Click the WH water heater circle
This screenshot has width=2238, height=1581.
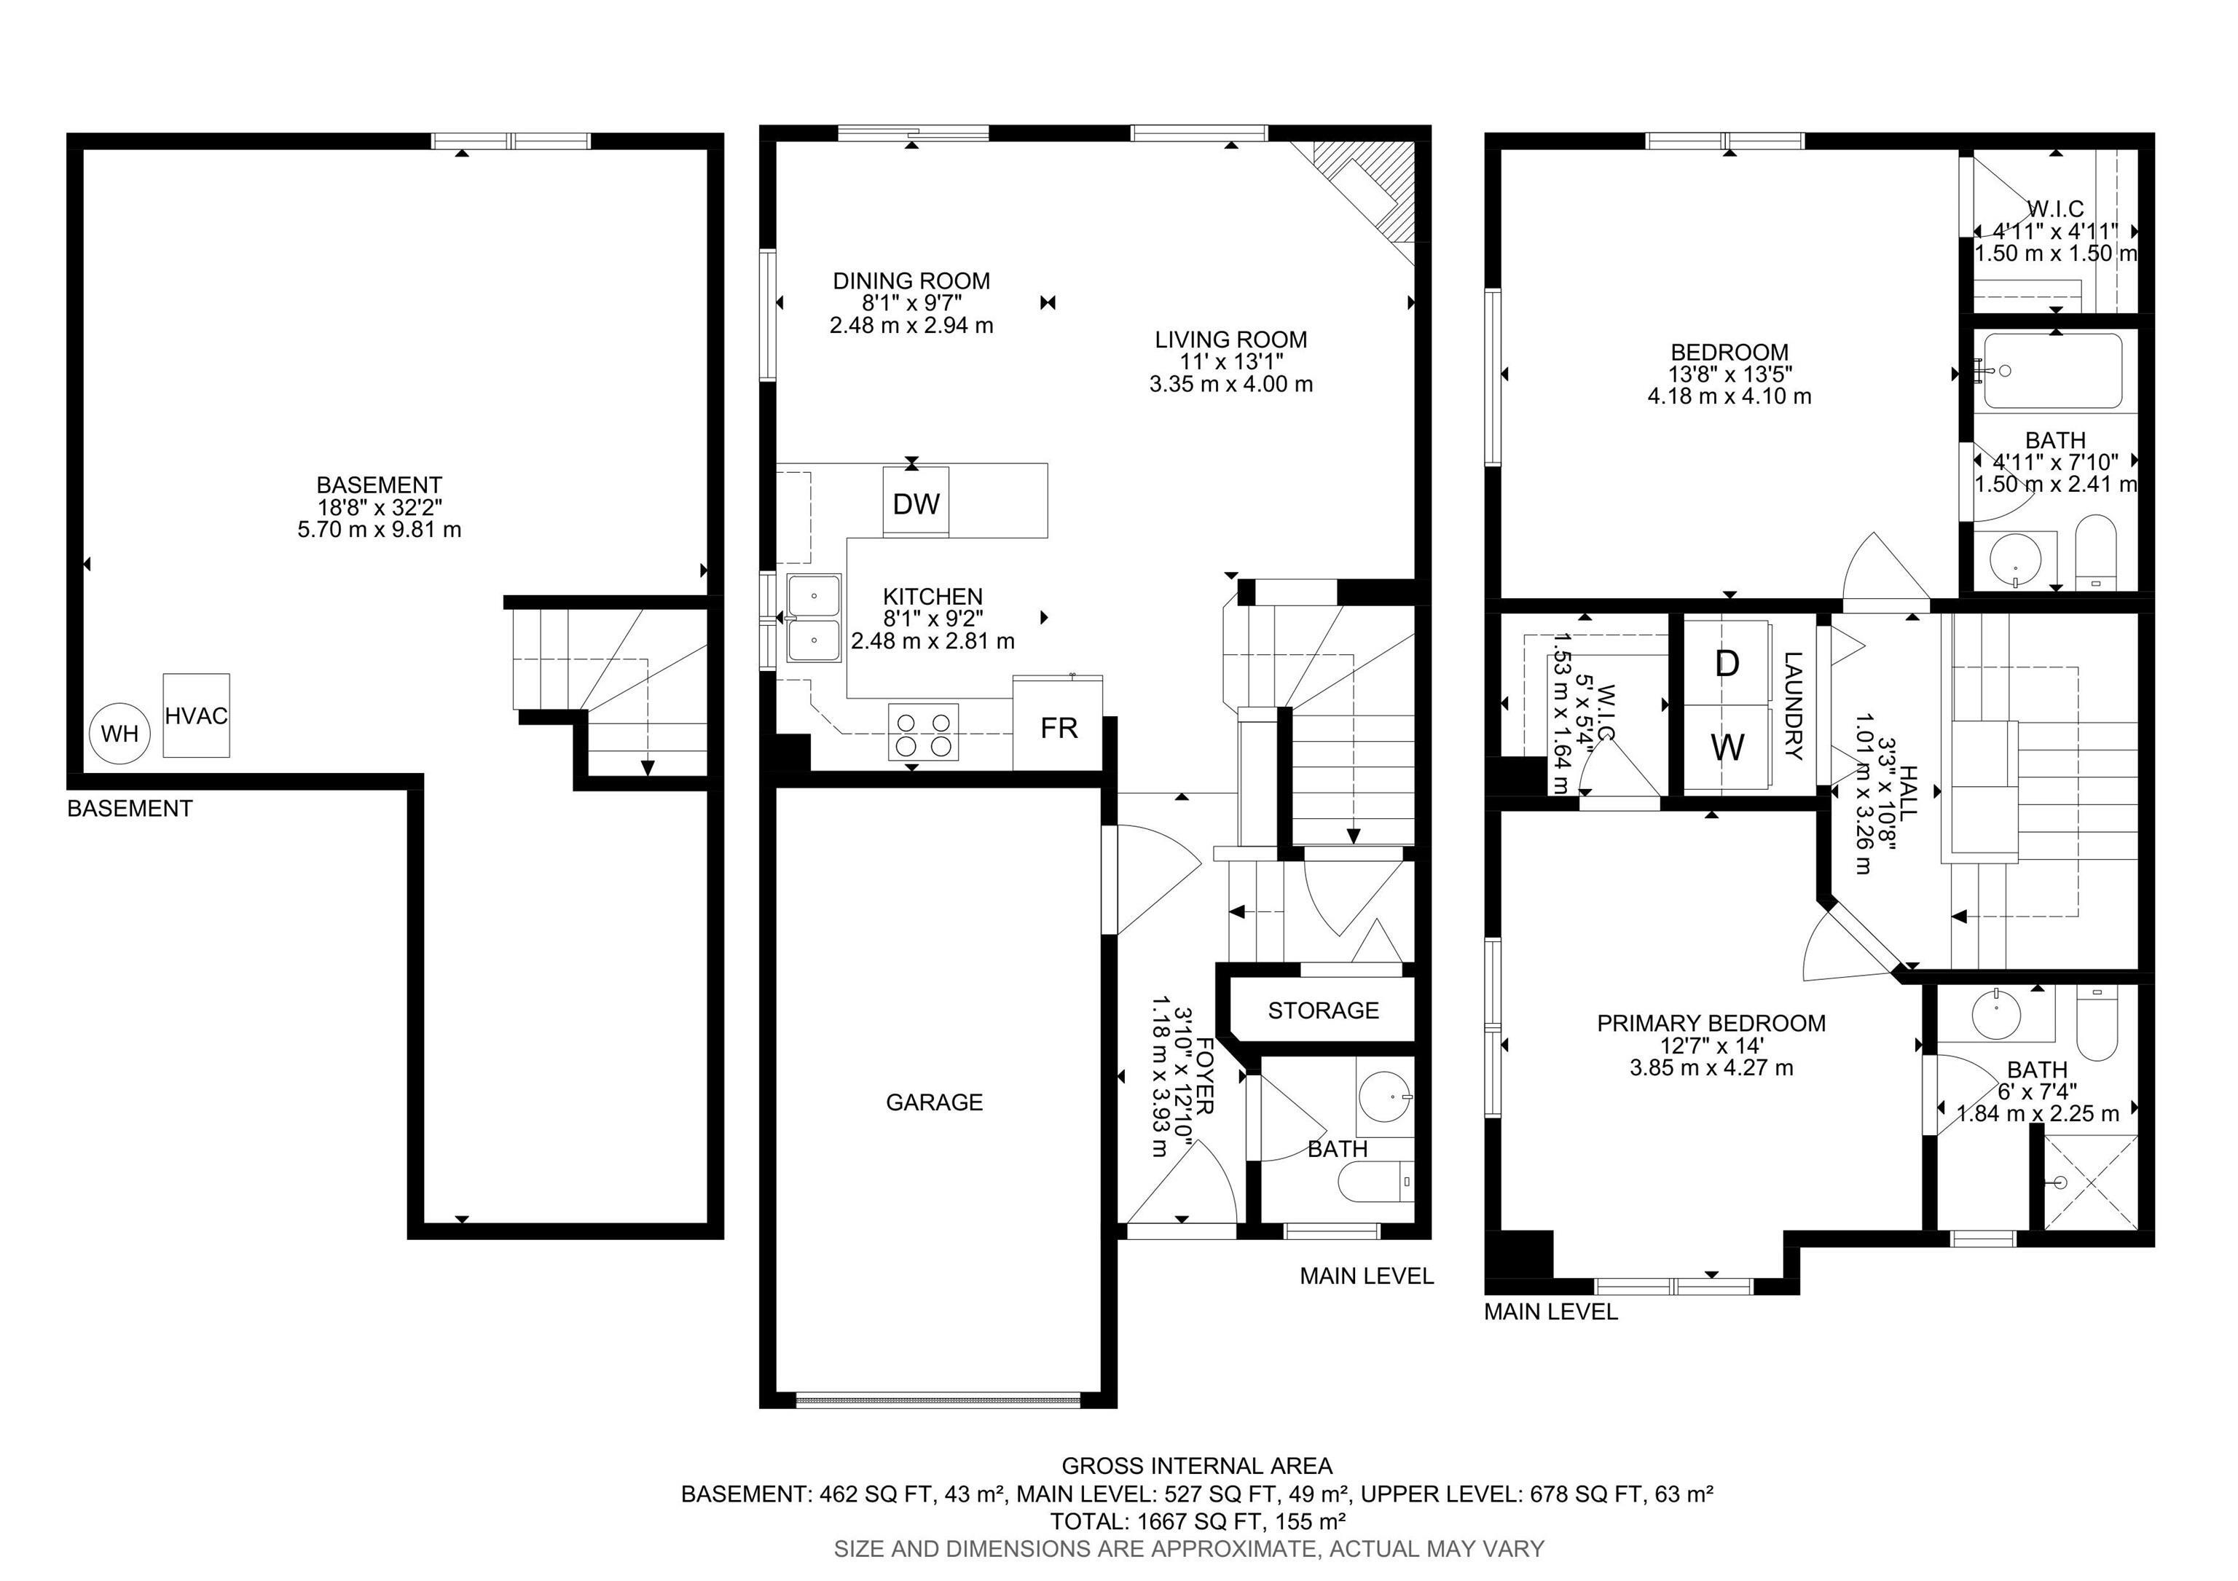click(120, 733)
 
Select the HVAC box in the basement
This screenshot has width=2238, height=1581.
click(196, 715)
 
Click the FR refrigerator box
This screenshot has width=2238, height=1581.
click(1058, 727)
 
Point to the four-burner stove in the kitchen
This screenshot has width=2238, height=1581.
click(922, 733)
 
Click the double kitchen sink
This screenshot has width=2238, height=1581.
click(814, 618)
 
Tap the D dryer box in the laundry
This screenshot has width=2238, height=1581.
click(1727, 664)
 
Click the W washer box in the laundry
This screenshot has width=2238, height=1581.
click(1727, 748)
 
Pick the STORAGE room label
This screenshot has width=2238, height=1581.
click(1323, 1011)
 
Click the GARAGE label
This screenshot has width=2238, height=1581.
click(934, 1102)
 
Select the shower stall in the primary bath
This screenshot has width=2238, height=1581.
click(2089, 1183)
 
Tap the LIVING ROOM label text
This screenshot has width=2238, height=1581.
click(1230, 340)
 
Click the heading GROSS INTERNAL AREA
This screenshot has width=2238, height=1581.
click(1196, 1466)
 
